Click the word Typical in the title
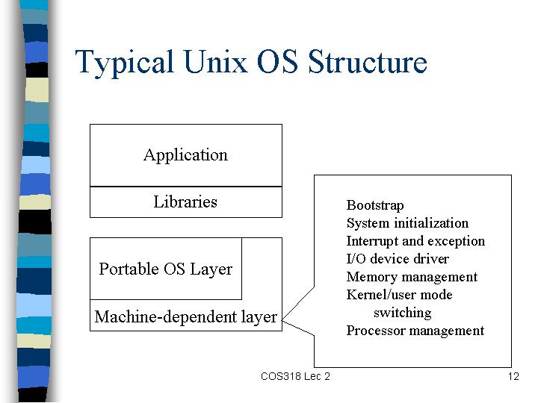pos(124,63)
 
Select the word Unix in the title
pos(215,61)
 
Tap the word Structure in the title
pos(368,61)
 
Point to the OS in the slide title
pos(277,61)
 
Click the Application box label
pos(185,155)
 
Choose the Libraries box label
pos(185,201)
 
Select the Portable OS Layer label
pos(166,269)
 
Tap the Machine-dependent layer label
pos(185,317)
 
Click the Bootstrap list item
pos(375,206)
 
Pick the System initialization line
pos(407,223)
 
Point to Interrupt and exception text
pos(415,241)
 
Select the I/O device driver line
pos(398,259)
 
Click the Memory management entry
pos(412,277)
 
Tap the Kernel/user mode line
pos(399,295)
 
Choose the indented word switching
pos(403,313)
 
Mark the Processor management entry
pos(415,331)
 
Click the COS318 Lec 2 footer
pos(295,376)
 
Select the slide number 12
pos(513,376)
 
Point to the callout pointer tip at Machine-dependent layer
pos(282,320)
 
